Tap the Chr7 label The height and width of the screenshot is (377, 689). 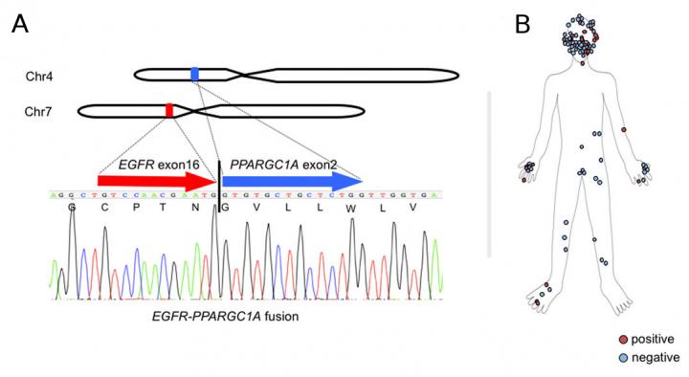tap(38, 112)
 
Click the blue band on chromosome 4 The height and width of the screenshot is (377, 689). tap(195, 74)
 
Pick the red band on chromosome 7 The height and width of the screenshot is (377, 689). tap(169, 111)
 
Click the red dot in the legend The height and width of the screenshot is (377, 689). tap(622, 339)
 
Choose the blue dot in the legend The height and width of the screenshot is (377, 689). tap(622, 356)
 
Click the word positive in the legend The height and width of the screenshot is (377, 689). tap(654, 339)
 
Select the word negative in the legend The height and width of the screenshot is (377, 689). tap(655, 356)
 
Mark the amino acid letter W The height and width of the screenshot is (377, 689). tap(352, 207)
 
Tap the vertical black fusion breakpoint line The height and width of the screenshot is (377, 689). tap(219, 182)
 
